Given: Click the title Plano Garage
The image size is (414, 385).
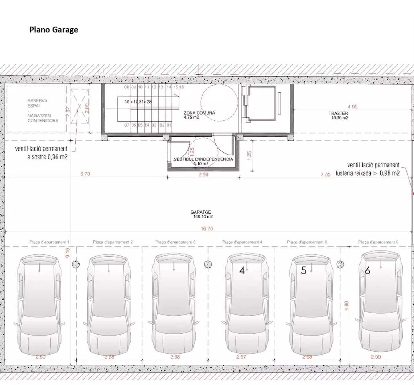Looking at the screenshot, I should click(x=54, y=30).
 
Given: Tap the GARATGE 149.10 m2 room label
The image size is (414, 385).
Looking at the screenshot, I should click(x=201, y=214).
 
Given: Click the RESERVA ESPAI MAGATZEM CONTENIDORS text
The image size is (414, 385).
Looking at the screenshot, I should click(x=43, y=111).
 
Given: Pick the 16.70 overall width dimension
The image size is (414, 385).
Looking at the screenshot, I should click(x=207, y=229).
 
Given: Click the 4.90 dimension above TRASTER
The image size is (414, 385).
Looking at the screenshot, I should click(x=352, y=107).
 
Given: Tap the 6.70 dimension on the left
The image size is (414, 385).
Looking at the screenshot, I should click(x=85, y=174).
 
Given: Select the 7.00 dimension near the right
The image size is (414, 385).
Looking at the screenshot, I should click(x=325, y=175).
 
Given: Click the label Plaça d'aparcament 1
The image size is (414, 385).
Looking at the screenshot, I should click(x=49, y=242).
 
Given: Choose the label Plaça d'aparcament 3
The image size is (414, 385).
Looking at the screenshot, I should click(x=175, y=242).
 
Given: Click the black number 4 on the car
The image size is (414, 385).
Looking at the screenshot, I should click(x=242, y=270).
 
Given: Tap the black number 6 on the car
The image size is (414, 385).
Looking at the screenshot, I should click(x=367, y=271).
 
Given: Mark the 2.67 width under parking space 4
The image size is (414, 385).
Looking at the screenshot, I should click(x=241, y=357).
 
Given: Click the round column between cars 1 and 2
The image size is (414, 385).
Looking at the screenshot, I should click(x=76, y=264).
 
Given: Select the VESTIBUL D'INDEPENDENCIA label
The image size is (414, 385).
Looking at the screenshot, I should click(x=203, y=159).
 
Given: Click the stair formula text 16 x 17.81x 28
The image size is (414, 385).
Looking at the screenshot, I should click(x=138, y=102).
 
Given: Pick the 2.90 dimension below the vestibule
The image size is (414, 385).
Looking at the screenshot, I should click(x=203, y=175).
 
